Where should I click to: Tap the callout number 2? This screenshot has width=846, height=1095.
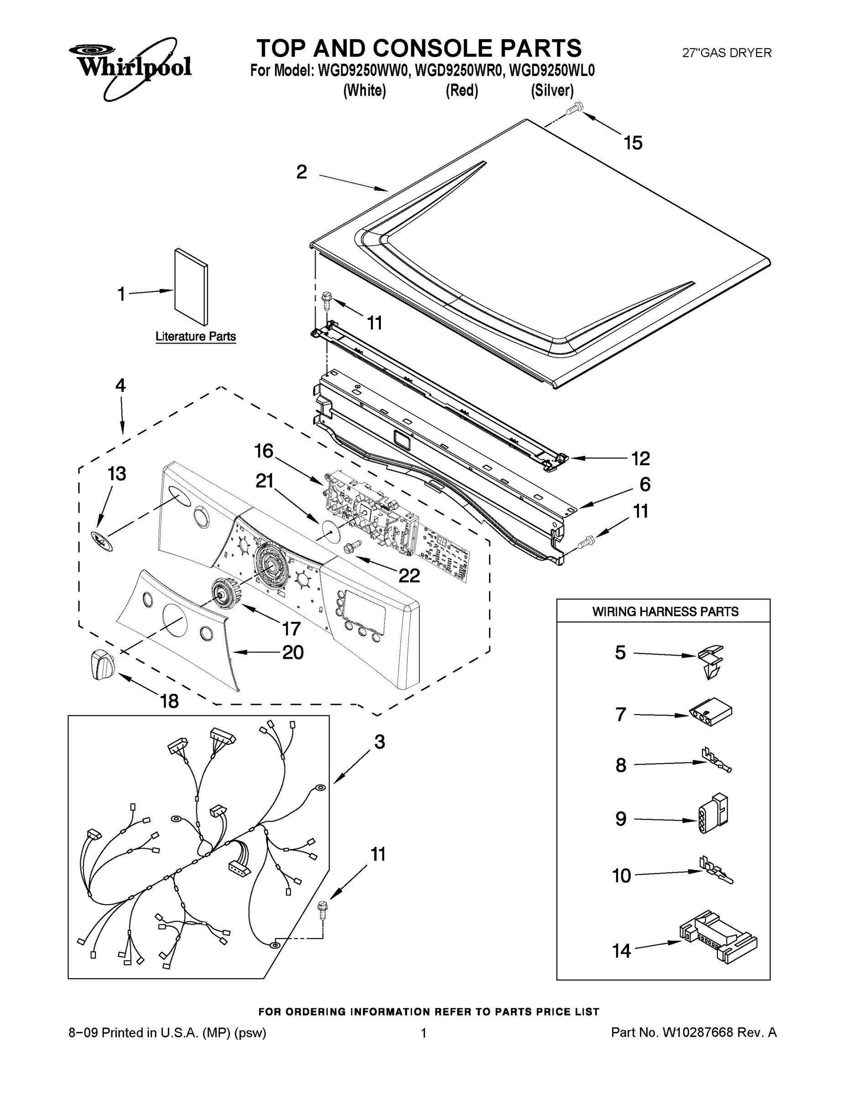click(301, 172)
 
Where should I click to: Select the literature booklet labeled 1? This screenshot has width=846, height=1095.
click(191, 287)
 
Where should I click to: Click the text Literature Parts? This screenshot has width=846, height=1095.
click(196, 336)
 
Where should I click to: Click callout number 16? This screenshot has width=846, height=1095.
click(264, 451)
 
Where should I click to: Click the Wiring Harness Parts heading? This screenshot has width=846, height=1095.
click(665, 612)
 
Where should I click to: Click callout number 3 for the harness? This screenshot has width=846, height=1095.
click(379, 742)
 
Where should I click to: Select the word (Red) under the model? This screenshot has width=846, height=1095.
click(462, 91)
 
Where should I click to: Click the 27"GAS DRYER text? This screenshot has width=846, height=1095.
click(727, 52)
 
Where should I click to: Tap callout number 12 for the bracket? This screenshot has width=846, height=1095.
click(640, 458)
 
